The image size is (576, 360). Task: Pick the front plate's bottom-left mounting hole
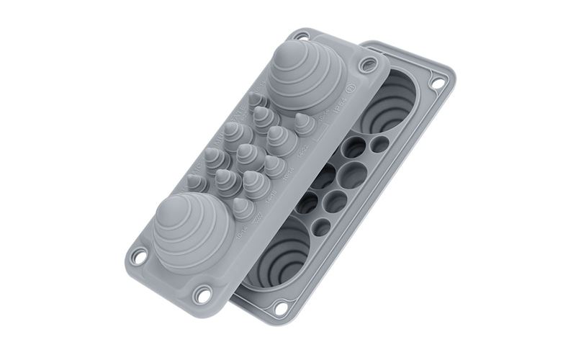click(138, 254)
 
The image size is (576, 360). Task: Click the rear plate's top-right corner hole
click(436, 82)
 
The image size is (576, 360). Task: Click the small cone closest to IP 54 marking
click(304, 123)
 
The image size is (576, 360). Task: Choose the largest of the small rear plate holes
click(352, 173)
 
